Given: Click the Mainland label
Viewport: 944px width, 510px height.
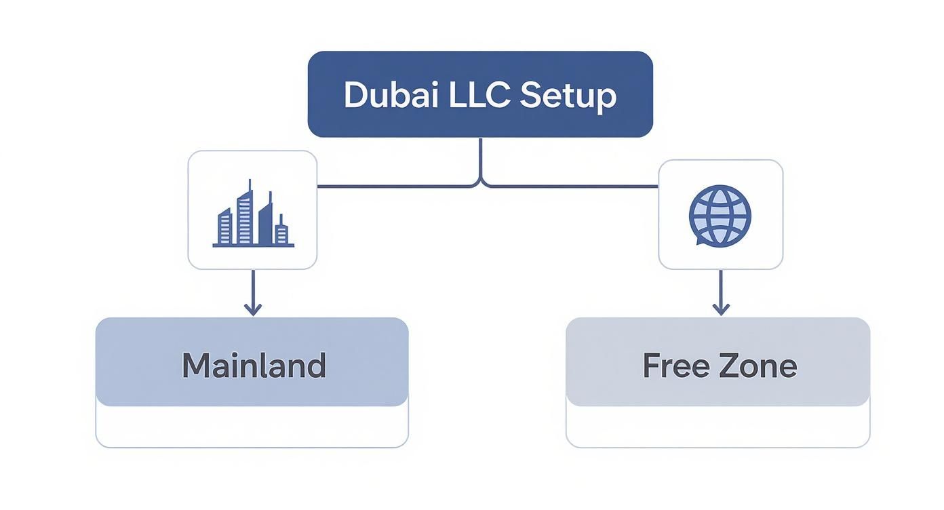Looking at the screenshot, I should (x=253, y=366).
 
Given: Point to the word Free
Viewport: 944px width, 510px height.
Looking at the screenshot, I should (x=671, y=366).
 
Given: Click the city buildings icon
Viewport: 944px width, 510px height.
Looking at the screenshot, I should (x=252, y=214).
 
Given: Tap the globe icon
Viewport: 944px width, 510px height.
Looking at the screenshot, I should (x=720, y=215).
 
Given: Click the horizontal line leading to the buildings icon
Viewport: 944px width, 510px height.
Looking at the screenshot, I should (x=393, y=185).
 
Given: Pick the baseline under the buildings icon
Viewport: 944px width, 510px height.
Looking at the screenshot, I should (x=253, y=246).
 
